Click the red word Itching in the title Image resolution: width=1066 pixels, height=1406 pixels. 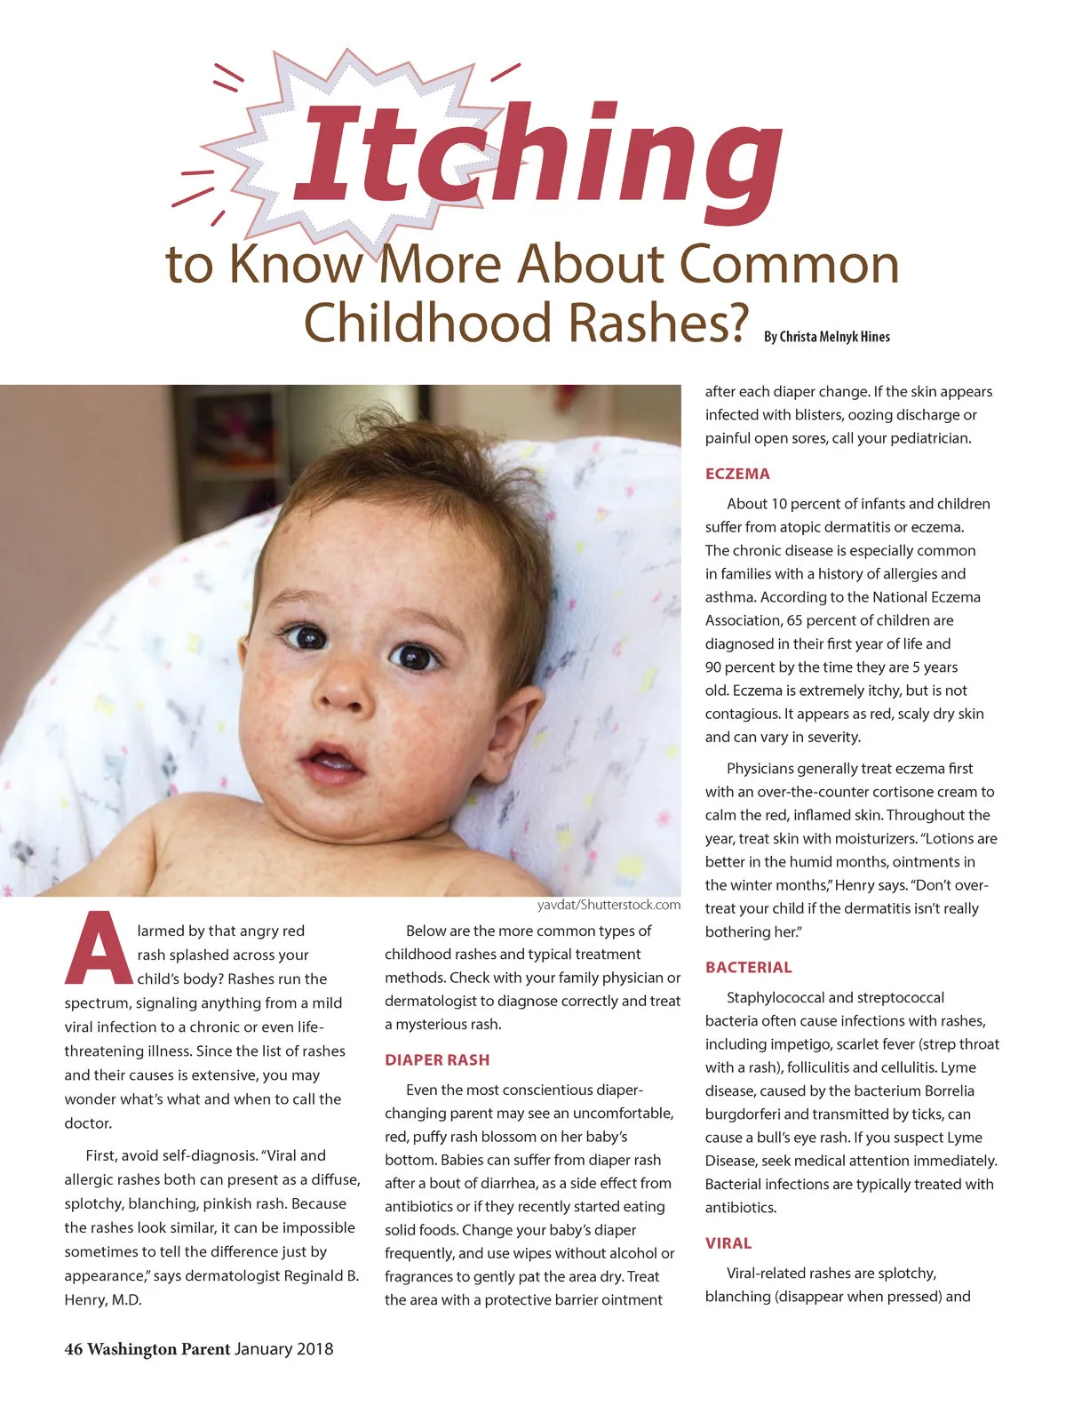pos(537,160)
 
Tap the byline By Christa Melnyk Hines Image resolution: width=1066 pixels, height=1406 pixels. pos(826,337)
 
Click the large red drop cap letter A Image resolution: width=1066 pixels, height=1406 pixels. pos(98,950)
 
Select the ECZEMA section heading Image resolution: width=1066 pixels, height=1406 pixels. pos(737,474)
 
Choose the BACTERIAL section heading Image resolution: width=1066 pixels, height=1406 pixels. pos(748,967)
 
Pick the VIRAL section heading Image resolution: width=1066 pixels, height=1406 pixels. pos(728,1242)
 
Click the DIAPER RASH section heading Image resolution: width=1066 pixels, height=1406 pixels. pos(437,1059)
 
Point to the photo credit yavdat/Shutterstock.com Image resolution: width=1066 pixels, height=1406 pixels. pos(609,905)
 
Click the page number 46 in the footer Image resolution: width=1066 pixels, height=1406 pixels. pos(74,1349)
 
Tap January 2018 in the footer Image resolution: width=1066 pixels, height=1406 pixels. pos(284,1349)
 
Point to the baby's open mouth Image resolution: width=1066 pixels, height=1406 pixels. pos(330,762)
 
